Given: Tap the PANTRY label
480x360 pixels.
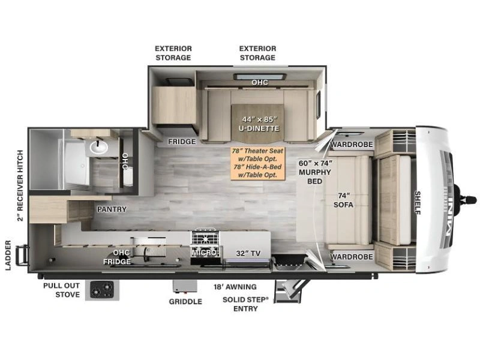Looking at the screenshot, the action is tap(112, 209).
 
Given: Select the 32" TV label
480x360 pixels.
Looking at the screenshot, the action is tap(248, 253).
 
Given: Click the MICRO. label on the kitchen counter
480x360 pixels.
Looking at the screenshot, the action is tap(205, 253).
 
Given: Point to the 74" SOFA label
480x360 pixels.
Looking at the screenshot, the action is tap(343, 200).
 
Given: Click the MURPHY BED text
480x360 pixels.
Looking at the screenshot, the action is tap(314, 176).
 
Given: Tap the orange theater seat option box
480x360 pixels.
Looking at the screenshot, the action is tap(258, 163).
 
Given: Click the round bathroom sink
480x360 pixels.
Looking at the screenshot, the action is tap(98, 147).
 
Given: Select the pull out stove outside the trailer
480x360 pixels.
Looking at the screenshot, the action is tap(102, 290).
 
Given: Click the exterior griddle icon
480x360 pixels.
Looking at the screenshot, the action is tap(185, 287).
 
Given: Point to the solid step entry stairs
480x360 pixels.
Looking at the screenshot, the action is tap(288, 291).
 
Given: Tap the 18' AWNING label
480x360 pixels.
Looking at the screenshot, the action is tap(235, 287).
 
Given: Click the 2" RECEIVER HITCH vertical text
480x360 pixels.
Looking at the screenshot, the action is tap(20, 185).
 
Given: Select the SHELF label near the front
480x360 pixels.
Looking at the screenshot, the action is tap(417, 203).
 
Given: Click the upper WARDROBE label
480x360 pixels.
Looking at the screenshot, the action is tap(352, 144).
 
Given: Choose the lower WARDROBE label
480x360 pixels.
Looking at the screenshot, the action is tap(352, 257).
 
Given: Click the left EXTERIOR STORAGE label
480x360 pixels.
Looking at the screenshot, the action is tap(173, 53).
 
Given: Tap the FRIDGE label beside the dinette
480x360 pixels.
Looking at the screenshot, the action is tap(182, 142).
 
